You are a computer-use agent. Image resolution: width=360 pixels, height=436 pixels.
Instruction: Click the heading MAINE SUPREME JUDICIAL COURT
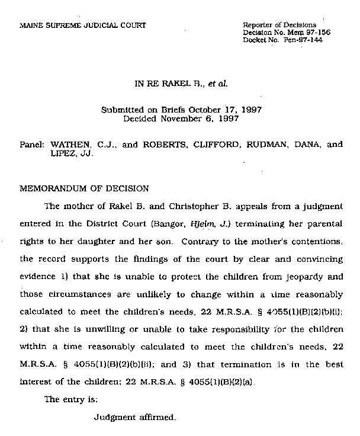click(83, 25)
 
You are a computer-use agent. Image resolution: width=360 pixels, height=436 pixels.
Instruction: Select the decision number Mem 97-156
click(303, 33)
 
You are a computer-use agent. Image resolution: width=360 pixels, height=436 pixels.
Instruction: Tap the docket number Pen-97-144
click(303, 40)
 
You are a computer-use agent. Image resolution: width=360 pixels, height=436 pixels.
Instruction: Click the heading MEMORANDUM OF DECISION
click(85, 189)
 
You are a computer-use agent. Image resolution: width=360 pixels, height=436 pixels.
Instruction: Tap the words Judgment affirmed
click(135, 417)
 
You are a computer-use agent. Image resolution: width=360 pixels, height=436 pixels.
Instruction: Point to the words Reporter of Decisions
click(279, 25)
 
